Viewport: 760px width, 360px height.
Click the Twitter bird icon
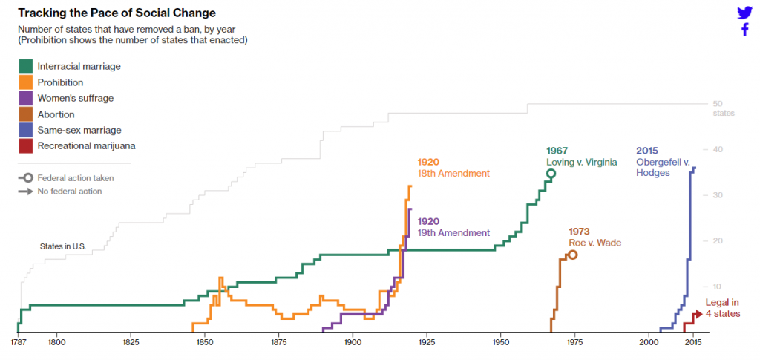tap(744, 13)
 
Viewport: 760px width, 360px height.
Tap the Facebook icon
tap(744, 30)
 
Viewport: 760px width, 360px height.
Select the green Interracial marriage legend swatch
tap(25, 66)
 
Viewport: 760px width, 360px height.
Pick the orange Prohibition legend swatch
tap(25, 82)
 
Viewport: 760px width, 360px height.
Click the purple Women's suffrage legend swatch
tap(25, 98)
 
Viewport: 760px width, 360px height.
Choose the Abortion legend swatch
tap(25, 114)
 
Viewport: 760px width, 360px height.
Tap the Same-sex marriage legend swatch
tap(25, 130)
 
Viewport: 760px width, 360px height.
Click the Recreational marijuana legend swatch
tap(25, 146)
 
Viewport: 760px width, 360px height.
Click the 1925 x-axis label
tap(426, 343)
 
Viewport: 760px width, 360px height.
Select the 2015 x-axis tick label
tap(693, 343)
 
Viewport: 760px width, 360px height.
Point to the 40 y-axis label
tap(718, 149)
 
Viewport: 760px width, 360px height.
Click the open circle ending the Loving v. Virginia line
tap(551, 174)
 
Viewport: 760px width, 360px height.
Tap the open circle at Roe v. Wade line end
tap(572, 255)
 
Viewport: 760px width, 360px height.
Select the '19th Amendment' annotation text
tap(453, 232)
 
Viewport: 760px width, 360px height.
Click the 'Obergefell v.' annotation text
tap(663, 162)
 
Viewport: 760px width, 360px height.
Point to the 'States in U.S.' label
tap(63, 246)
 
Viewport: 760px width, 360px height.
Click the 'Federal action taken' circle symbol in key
tap(27, 178)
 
